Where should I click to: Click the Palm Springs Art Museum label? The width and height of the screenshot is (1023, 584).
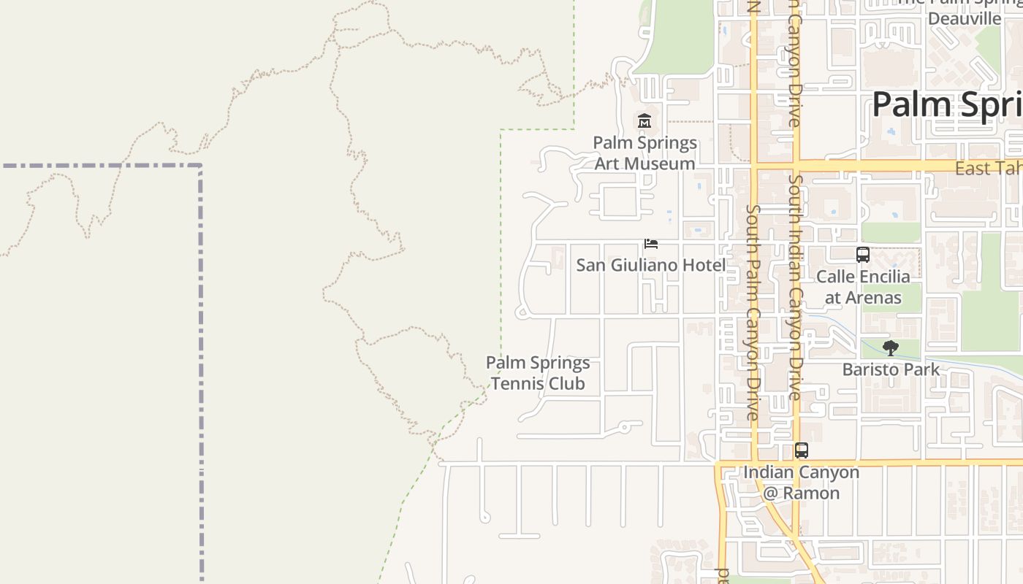pyautogui.click(x=644, y=153)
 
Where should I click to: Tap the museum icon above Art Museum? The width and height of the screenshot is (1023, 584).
pyautogui.click(x=644, y=121)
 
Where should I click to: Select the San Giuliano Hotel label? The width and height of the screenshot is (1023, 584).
pyautogui.click(x=650, y=265)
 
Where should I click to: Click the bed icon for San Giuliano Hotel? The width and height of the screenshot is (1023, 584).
pyautogui.click(x=650, y=244)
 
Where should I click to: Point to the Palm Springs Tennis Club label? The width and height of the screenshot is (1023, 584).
pyautogui.click(x=538, y=373)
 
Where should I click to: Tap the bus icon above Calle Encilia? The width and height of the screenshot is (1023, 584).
pyautogui.click(x=863, y=255)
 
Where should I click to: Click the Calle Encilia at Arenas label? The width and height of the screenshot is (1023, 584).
pyautogui.click(x=863, y=287)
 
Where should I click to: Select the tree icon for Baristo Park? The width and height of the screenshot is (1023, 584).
pyautogui.click(x=890, y=348)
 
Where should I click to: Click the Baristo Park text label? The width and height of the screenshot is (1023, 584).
pyautogui.click(x=891, y=369)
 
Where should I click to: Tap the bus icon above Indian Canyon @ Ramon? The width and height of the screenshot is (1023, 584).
pyautogui.click(x=802, y=450)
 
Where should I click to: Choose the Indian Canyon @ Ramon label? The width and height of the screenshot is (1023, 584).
pyautogui.click(x=802, y=483)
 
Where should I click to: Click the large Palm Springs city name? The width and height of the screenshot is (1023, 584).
pyautogui.click(x=947, y=105)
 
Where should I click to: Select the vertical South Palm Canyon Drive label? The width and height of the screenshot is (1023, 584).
pyautogui.click(x=753, y=312)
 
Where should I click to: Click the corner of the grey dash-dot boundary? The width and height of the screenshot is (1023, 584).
pyautogui.click(x=200, y=166)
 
